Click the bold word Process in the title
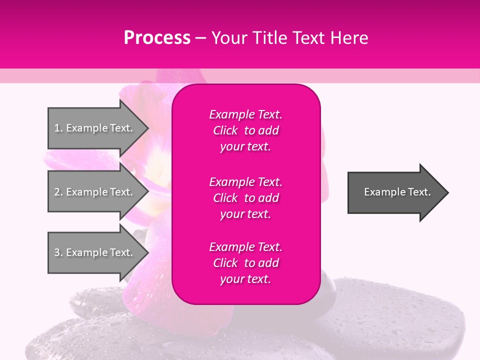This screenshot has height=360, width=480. click(x=157, y=38)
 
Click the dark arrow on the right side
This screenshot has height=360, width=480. click(x=397, y=192)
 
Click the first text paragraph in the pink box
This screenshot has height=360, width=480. click(x=245, y=130)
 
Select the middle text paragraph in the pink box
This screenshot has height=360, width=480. click(x=245, y=198)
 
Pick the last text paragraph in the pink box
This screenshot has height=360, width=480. click(x=245, y=263)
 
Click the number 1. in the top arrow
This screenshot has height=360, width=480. click(x=58, y=128)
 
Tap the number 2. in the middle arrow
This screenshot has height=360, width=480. click(x=58, y=192)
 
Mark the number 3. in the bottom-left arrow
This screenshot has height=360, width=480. click(x=58, y=252)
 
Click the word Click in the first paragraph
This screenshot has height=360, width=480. click(x=225, y=130)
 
